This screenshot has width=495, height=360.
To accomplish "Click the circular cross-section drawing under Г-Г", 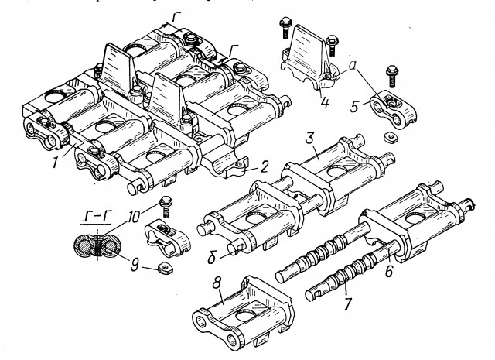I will pyautogui.click(x=96, y=246).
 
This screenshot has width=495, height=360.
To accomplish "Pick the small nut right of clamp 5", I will pyautogui.click(x=392, y=135).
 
